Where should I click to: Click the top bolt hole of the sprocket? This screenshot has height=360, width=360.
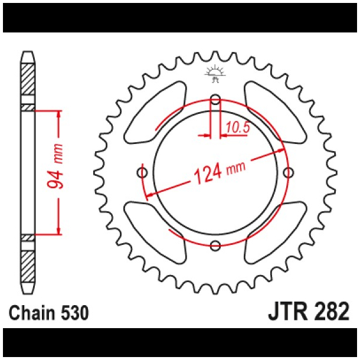[x=215, y=99]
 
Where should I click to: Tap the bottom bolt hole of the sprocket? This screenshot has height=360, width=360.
[x=215, y=246]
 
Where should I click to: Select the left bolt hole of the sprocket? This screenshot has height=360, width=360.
[x=142, y=172]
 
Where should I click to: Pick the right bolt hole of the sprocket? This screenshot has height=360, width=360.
[x=289, y=172]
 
